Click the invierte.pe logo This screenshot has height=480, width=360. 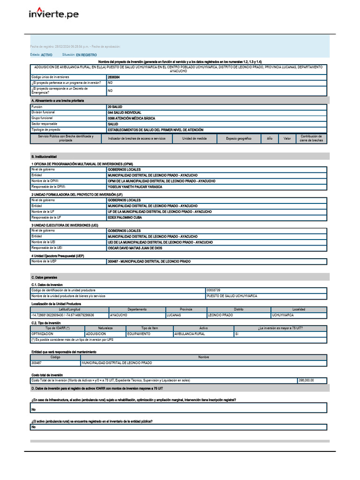[53, 14]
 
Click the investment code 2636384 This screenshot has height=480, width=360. [113, 77]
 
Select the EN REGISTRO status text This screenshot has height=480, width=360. [86, 55]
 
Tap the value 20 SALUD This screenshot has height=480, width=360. [115, 107]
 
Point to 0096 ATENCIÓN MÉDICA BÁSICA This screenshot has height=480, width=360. [131, 118]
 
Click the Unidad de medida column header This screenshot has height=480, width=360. [194, 139]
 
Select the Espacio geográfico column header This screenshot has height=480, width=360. [239, 139]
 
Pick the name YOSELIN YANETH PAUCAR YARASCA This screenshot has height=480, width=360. [135, 187]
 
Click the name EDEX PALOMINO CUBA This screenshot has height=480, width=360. [124, 217]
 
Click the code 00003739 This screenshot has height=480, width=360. [213, 290]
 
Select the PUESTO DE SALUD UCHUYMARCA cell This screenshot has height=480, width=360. [232, 296]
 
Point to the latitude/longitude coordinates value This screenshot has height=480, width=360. [62, 315]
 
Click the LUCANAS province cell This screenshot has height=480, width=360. [174, 315]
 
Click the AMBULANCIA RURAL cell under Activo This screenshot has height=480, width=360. [189, 334]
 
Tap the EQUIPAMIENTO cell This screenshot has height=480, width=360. [139, 334]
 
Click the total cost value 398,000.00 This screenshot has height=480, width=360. [306, 381]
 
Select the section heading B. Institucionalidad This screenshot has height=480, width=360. [44, 156]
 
